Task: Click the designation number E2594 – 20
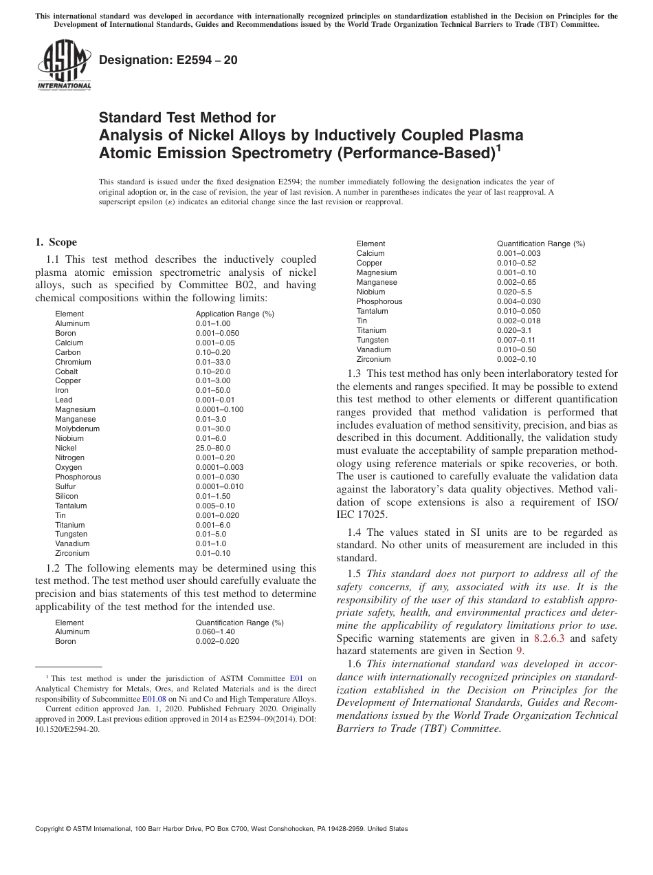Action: (168, 60)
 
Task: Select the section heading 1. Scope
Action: (56, 242)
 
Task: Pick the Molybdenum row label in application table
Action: (77, 429)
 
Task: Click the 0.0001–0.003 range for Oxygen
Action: (219, 467)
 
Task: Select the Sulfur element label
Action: (67, 486)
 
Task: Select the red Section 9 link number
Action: (519, 651)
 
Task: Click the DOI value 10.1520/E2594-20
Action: (67, 729)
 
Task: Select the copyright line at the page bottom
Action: (221, 829)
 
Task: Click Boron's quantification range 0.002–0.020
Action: (217, 641)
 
